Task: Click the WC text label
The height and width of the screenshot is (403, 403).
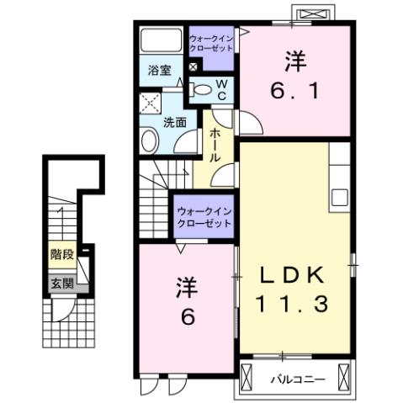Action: pyautogui.click(x=221, y=89)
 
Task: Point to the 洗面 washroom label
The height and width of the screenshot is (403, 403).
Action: pyautogui.click(x=174, y=122)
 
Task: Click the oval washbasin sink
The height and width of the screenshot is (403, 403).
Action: pyautogui.click(x=150, y=141)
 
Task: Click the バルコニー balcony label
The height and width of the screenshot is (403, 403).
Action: pyautogui.click(x=297, y=380)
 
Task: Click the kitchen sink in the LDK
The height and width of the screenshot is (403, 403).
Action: pyautogui.click(x=340, y=197)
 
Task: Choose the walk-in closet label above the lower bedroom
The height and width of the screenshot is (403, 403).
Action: pyautogui.click(x=204, y=217)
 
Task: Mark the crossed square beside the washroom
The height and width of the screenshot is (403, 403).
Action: pyautogui.click(x=152, y=103)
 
